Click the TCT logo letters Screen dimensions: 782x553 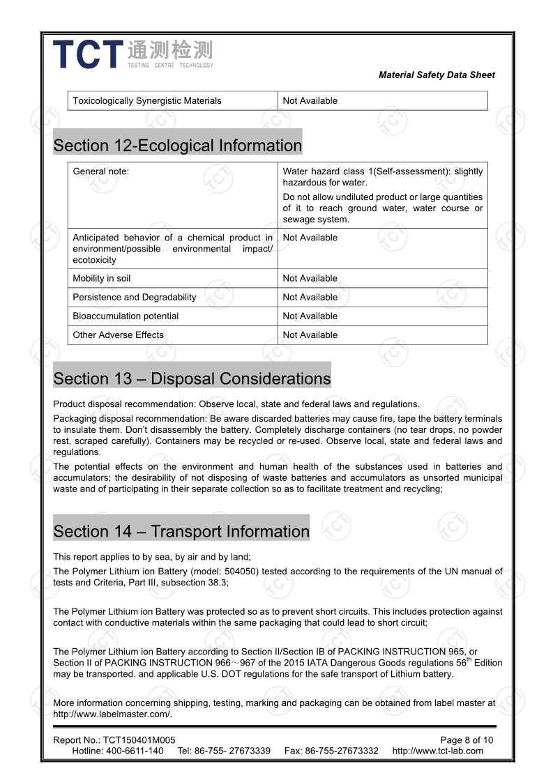(x=88, y=54)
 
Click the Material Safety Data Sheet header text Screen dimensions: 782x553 (x=437, y=75)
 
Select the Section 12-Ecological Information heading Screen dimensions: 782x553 (x=178, y=146)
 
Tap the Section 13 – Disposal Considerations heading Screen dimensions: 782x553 (x=192, y=378)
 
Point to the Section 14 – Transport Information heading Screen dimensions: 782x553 (x=181, y=531)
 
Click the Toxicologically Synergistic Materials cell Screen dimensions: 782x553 (x=147, y=101)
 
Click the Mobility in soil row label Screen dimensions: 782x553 (x=102, y=279)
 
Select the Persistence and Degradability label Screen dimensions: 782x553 (x=135, y=298)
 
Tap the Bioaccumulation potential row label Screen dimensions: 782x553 (x=126, y=316)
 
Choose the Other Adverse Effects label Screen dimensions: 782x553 (x=119, y=335)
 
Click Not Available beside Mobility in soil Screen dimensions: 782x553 (x=310, y=279)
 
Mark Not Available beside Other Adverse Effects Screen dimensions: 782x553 (x=310, y=335)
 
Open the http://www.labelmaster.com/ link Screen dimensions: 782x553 (x=112, y=714)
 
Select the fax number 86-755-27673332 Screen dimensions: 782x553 (x=342, y=751)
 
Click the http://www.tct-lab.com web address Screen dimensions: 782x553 (x=437, y=751)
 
